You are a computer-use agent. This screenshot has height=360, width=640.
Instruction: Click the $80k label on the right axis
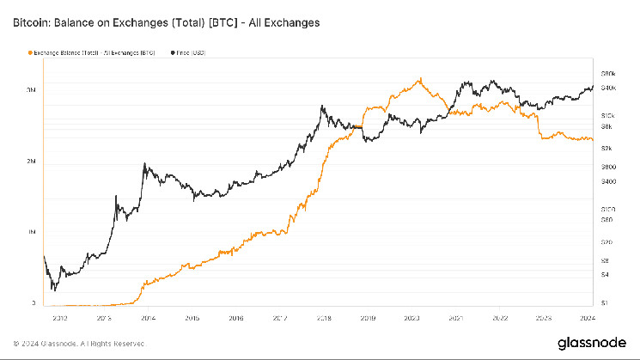(608, 74)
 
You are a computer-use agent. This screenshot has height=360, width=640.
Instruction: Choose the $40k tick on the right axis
(608, 88)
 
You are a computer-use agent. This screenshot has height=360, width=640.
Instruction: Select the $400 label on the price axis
(608, 181)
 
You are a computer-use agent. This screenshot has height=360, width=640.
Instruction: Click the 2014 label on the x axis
(147, 317)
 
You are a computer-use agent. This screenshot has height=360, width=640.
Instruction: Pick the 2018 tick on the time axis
(324, 317)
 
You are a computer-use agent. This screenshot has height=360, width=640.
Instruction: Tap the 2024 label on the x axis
(589, 317)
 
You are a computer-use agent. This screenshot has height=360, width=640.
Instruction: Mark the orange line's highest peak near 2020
(420, 79)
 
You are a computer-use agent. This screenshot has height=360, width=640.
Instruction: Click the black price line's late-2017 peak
(321, 107)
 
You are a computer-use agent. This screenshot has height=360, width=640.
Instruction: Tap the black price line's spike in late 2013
(143, 164)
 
